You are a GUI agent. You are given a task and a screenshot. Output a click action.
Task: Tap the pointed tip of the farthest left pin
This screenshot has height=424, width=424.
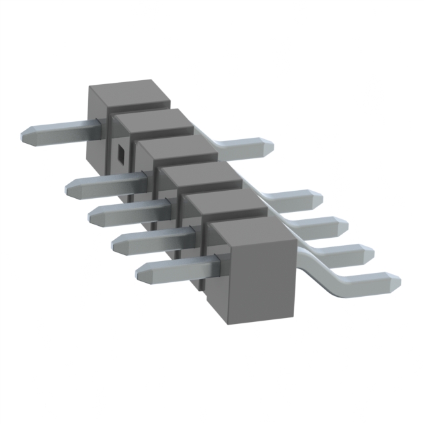(25, 136)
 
